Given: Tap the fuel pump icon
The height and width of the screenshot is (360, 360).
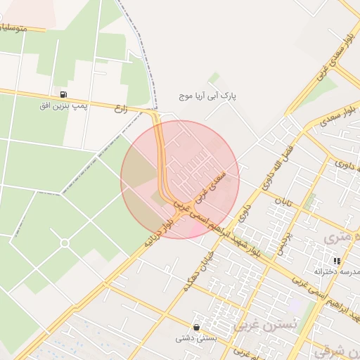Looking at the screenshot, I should [x=63, y=94].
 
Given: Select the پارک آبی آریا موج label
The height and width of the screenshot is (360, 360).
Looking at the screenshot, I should [x=210, y=94].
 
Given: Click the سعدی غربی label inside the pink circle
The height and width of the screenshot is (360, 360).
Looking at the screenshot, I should [x=212, y=186].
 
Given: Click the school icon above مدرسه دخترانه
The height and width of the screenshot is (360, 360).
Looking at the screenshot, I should [x=337, y=261].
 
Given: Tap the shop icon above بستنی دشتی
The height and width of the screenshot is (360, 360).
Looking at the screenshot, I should [x=195, y=327].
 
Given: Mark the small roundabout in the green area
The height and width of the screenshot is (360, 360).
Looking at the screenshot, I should [x=65, y=243].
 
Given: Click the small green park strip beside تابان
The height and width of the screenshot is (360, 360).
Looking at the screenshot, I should [x=310, y=200].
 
